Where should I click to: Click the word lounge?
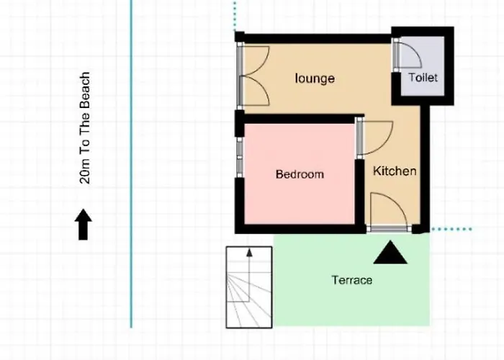click(315, 78)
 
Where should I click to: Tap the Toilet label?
click(423, 78)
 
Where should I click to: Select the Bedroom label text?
click(300, 174)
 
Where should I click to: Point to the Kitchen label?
click(395, 171)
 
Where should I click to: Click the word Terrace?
click(352, 280)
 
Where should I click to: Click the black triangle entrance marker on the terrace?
click(390, 253)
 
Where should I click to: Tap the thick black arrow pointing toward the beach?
click(84, 225)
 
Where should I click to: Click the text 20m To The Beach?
click(84, 128)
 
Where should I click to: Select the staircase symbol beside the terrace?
click(249, 287)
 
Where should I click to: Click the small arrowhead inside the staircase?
click(249, 253)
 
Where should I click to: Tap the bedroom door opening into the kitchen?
click(374, 138)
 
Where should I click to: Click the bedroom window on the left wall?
click(240, 157)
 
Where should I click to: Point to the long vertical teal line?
click(131, 164)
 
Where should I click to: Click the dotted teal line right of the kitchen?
click(451, 229)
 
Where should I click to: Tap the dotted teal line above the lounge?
click(235, 15)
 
